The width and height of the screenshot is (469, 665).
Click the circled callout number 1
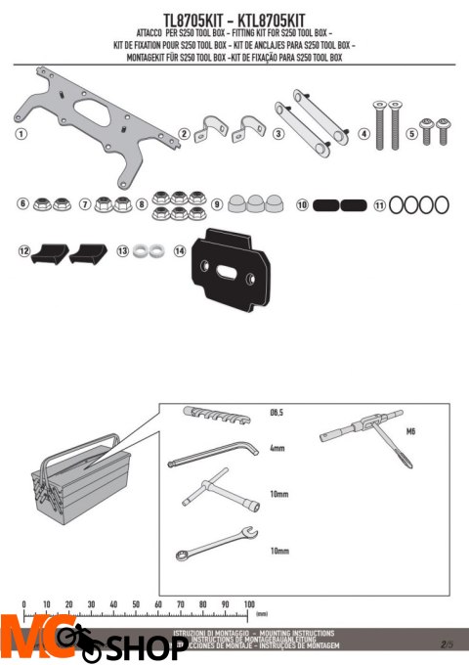coord(21,133)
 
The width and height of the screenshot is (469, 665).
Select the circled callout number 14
coord(180,251)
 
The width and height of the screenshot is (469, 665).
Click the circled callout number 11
coord(380,205)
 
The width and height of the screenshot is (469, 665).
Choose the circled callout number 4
coord(363,134)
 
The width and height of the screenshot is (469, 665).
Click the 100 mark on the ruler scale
coord(249,604)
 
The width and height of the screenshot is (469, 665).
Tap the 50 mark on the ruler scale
coord(136,604)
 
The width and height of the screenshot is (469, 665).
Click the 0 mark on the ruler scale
coord(22,604)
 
